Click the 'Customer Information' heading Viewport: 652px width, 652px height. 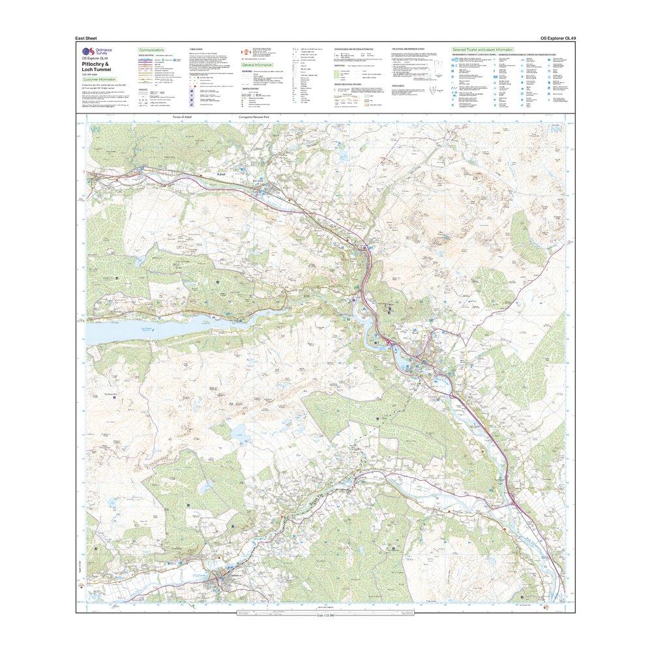coord(98,80)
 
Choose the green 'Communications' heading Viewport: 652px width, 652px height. coord(151,50)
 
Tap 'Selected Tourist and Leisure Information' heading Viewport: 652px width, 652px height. coord(483,50)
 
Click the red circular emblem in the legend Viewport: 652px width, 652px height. coord(246,51)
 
